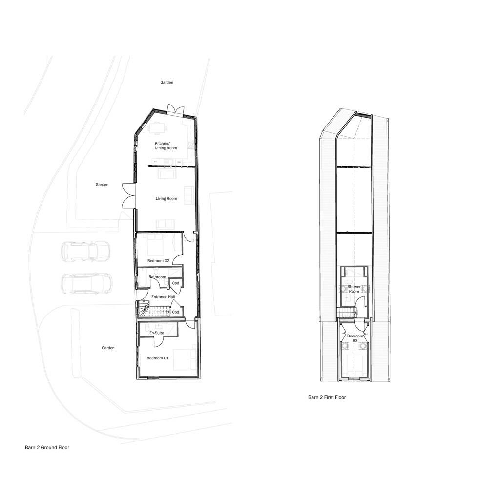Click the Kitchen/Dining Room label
163,145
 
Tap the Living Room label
166,199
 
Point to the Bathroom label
157,277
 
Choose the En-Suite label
156,333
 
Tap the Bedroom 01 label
158,358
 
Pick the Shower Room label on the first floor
354,289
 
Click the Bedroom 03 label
355,338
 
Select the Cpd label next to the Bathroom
176,283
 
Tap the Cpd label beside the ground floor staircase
176,312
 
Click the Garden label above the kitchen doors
167,83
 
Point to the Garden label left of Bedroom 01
108,348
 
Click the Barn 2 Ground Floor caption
47,447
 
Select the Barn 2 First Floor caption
327,397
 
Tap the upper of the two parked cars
85,252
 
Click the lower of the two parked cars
87,283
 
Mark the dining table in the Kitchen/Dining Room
157,129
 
